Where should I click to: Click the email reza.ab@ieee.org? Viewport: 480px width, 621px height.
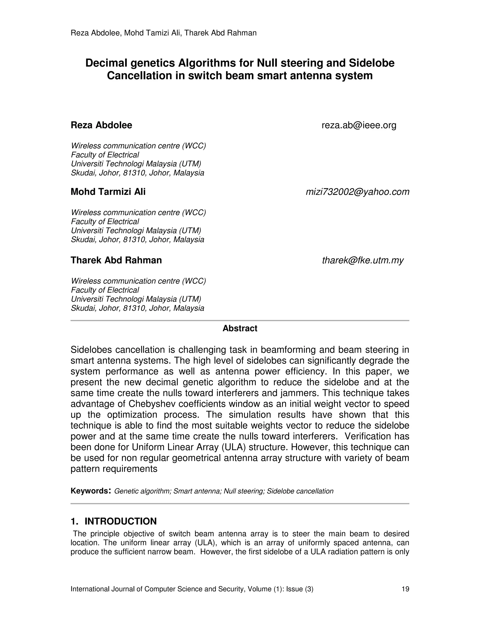359,125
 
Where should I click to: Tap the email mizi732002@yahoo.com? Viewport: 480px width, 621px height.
357,192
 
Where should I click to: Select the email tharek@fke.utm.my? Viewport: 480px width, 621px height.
363,260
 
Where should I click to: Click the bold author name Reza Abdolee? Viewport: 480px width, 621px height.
101,125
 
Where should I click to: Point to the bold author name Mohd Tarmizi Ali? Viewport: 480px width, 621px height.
108,192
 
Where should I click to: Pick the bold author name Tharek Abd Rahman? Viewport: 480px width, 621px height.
116,260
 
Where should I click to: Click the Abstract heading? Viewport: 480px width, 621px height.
240,328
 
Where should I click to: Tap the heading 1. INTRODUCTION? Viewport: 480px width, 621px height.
113,521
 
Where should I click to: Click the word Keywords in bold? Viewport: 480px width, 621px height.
89,491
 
